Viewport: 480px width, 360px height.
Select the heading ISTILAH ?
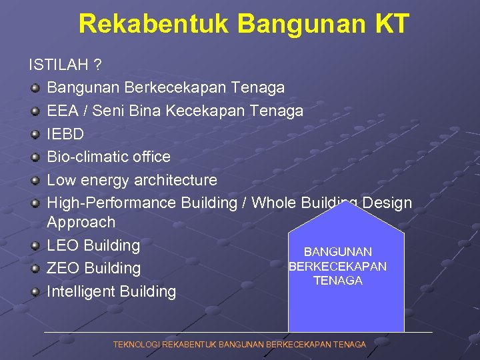tap(65, 65)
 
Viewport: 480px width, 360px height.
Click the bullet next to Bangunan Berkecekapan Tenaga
tap(35, 88)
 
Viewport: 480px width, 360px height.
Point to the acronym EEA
tap(63, 111)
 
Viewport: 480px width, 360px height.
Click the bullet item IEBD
tap(65, 134)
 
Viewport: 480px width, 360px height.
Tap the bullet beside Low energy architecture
tap(35, 180)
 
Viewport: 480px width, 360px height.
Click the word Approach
tap(81, 222)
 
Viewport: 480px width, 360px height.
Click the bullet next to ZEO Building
tap(35, 269)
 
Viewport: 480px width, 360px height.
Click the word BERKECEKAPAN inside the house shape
tap(337, 267)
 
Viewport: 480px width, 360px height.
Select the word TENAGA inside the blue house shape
tap(338, 281)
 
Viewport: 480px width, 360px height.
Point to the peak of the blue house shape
tap(346, 203)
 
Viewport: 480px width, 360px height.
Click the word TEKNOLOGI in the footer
tap(137, 345)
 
